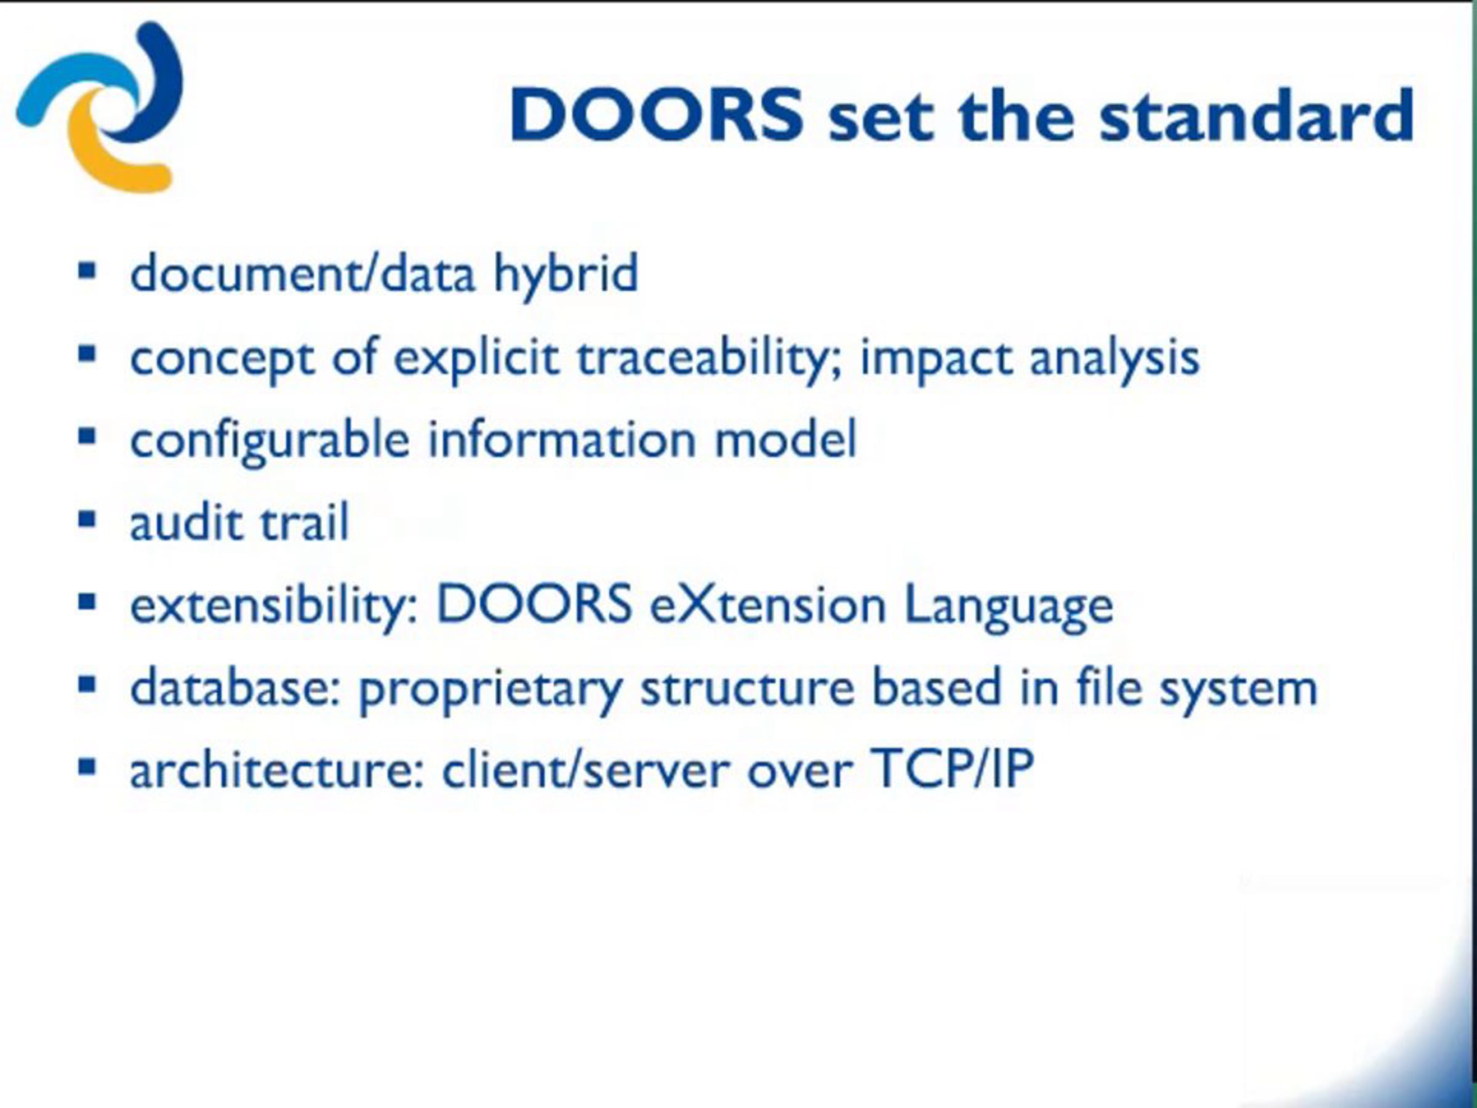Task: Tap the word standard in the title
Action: (1256, 114)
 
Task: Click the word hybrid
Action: (566, 275)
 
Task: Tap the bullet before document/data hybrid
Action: (87, 271)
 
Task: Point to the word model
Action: (785, 440)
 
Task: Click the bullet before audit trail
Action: (87, 519)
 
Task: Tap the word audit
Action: (186, 521)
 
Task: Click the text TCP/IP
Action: (952, 768)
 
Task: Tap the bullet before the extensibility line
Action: (87, 603)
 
